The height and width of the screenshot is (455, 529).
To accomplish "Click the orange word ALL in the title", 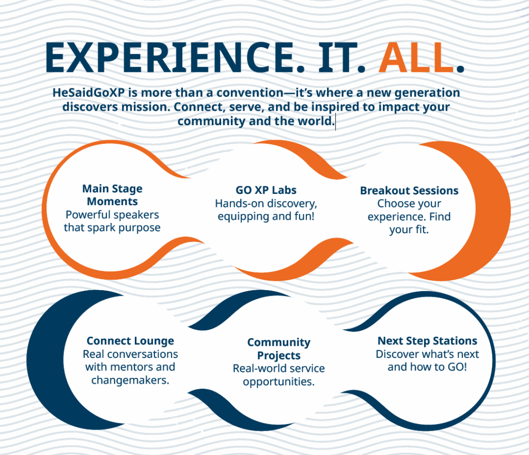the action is coord(416,57).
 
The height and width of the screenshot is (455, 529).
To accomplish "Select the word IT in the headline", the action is coord(337,57).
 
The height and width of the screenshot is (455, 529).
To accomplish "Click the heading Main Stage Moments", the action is coord(112,195).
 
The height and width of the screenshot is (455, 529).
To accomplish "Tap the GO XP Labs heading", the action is coord(266,190).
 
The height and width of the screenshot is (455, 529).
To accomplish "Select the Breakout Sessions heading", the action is coord(409,190).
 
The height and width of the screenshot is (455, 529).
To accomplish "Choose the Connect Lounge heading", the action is coord(130,341).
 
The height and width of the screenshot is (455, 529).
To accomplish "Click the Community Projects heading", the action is coord(278,348).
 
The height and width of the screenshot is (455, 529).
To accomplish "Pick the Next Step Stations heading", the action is coord(427,341).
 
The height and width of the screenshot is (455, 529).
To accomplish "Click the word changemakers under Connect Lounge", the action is coord(130,381).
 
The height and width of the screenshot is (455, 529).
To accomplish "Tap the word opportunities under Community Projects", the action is coord(278,382).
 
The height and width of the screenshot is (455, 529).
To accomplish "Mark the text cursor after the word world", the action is coord(335,123).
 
